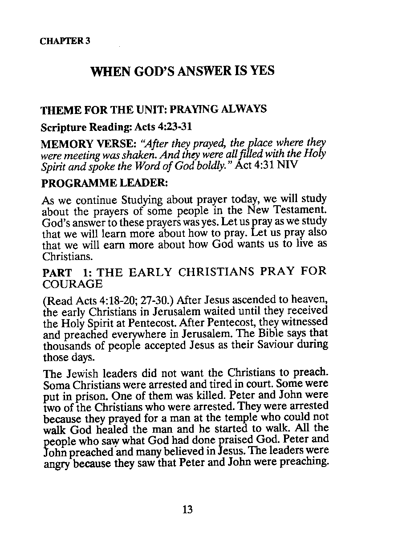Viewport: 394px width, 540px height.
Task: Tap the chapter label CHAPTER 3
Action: pyautogui.click(x=65, y=41)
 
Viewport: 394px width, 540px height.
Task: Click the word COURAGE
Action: pyautogui.click(x=73, y=284)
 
